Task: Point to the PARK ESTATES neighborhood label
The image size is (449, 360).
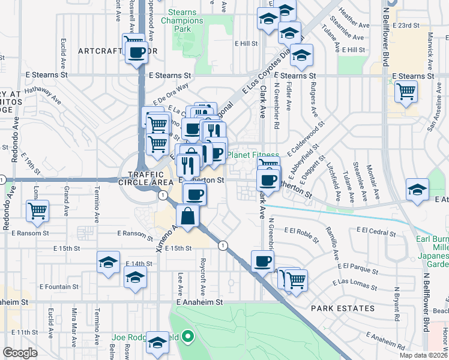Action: (343, 308)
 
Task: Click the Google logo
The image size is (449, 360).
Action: (20, 353)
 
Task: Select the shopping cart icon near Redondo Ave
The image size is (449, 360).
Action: (38, 211)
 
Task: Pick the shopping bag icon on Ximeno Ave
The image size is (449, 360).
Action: (188, 216)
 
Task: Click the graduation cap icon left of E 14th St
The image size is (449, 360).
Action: (108, 262)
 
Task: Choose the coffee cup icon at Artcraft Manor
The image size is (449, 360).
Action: (137, 53)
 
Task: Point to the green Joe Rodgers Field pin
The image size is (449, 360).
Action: (188, 337)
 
